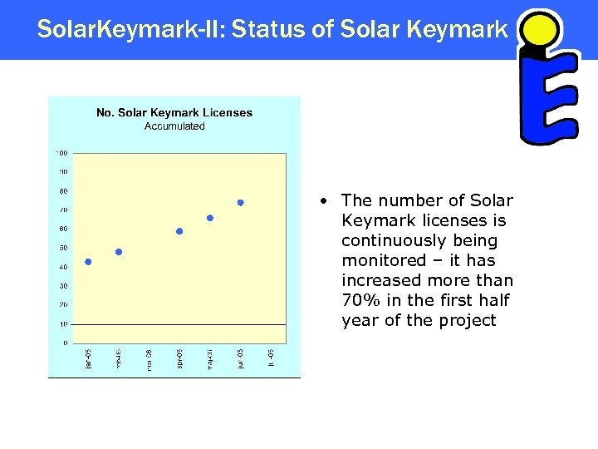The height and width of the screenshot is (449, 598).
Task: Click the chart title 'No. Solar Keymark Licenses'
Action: (174, 112)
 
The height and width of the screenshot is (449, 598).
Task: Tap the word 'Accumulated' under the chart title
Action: (174, 126)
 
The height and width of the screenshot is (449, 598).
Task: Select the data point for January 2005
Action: (89, 262)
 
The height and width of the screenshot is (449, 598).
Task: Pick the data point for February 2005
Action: (119, 252)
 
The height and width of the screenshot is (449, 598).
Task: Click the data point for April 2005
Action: (179, 231)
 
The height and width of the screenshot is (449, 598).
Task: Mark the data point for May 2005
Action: (210, 218)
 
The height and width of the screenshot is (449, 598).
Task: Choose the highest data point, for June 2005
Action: (240, 202)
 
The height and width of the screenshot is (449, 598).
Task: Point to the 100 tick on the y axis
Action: (61, 153)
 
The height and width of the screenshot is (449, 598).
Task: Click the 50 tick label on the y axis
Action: (63, 248)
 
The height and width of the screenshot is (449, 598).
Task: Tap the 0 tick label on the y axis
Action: (66, 343)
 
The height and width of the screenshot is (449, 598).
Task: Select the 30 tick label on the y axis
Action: (63, 286)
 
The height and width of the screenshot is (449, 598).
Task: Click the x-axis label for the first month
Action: (89, 359)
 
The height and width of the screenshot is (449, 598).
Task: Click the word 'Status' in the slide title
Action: (265, 30)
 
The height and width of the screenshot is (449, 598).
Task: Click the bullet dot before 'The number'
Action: (330, 201)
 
